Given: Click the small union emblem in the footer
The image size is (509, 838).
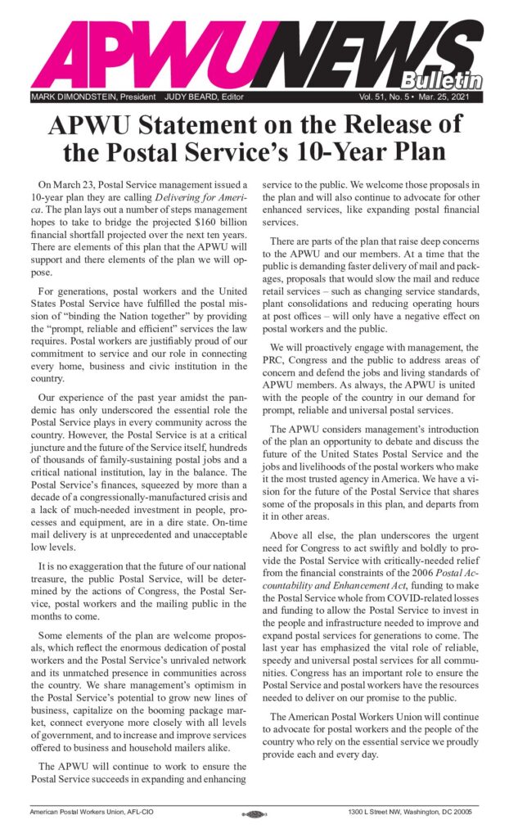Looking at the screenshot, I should pos(254,815).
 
